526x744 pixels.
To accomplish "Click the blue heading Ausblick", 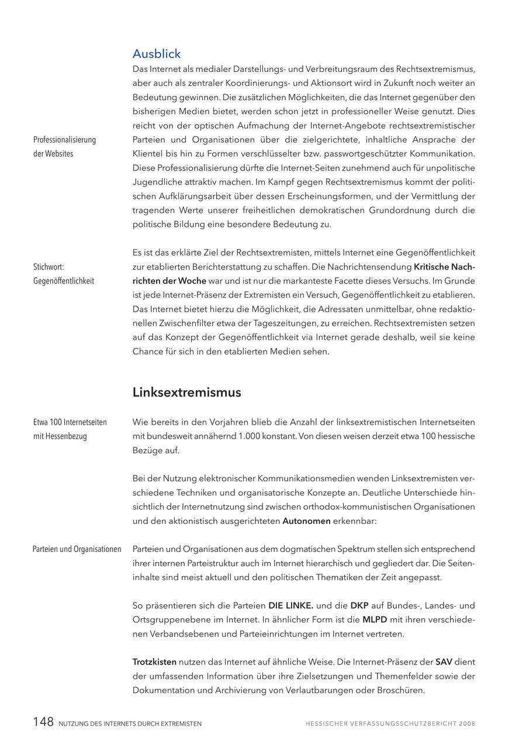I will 157,54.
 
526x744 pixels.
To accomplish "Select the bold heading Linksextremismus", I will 186,392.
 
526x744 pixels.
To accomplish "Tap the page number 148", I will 43,722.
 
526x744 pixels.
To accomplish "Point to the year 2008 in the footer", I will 467,724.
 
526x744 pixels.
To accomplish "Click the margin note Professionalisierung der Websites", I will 64,147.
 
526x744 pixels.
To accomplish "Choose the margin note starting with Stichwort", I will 63,274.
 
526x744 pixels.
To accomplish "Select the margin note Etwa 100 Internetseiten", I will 70,429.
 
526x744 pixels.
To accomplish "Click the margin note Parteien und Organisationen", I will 77,549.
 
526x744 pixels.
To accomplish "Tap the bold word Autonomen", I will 306,521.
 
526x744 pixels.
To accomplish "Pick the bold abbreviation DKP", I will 359,606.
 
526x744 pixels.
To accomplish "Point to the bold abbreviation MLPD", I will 375,620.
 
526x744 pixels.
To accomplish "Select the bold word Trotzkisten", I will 154,662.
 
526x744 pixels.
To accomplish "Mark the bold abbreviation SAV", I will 444,662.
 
